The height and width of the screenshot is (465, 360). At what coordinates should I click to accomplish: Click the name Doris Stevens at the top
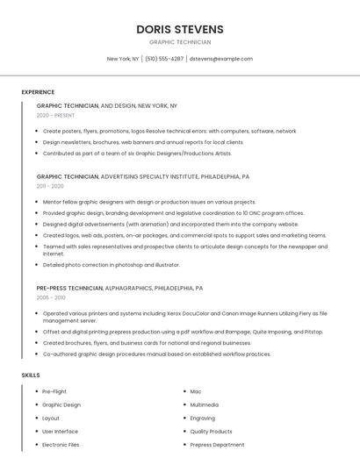[180, 29]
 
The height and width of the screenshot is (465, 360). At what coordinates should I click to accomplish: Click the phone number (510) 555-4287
[164, 59]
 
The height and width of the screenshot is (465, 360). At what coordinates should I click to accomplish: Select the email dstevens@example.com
[221, 59]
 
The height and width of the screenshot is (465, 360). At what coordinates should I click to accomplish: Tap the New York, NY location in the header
[123, 59]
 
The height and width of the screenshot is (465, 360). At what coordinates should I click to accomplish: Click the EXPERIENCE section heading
[38, 92]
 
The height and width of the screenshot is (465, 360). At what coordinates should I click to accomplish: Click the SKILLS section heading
[31, 376]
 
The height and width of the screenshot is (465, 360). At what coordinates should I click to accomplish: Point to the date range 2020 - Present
[55, 115]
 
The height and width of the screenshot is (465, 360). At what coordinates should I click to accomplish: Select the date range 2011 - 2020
[50, 186]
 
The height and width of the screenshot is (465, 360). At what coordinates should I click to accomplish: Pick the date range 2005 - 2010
[50, 297]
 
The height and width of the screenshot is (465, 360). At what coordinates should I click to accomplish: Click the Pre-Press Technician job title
[69, 288]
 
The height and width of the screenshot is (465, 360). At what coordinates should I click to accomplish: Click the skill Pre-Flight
[54, 391]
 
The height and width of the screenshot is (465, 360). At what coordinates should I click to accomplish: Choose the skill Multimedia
[205, 404]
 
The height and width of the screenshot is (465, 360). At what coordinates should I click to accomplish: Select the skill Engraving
[203, 418]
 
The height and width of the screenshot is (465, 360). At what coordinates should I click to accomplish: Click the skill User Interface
[60, 432]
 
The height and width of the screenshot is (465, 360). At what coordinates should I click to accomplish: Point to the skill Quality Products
[211, 432]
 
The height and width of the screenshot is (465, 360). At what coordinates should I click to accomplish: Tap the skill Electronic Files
[61, 445]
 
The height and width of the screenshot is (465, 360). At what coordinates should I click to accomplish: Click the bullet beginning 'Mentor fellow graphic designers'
[149, 202]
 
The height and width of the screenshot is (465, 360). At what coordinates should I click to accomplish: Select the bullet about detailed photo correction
[111, 264]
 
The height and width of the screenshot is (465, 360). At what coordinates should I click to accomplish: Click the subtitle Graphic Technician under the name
[180, 42]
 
